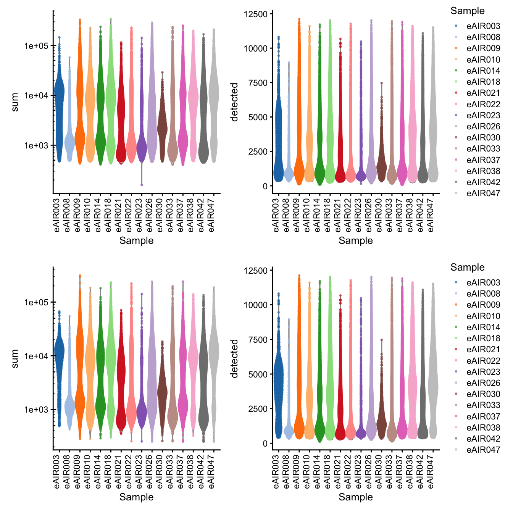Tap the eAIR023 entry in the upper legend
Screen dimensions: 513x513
(483, 115)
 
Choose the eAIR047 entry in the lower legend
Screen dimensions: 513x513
(483, 450)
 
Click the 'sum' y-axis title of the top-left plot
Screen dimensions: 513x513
(15, 102)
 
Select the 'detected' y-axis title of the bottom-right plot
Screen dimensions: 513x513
(234, 358)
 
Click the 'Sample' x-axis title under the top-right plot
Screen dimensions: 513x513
(355, 240)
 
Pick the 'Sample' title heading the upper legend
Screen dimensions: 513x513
(467, 11)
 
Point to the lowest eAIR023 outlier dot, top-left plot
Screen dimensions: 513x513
(142, 185)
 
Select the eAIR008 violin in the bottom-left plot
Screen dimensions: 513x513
(69, 408)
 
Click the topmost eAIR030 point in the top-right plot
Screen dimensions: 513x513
(381, 83)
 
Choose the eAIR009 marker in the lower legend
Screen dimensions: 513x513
(455, 305)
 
